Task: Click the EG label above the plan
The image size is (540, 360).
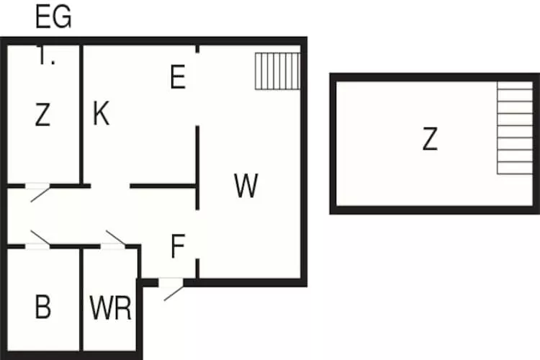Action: point(54,17)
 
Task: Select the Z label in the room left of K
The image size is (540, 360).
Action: point(43,115)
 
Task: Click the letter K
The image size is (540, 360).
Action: point(101,114)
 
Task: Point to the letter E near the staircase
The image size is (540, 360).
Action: point(178,77)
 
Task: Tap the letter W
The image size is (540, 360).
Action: point(246,186)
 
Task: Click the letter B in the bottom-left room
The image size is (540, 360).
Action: point(43,307)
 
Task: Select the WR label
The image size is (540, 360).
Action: point(111,308)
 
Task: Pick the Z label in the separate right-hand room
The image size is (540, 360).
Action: point(430,139)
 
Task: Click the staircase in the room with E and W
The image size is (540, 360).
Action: point(276,71)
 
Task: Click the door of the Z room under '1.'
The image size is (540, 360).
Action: point(38,191)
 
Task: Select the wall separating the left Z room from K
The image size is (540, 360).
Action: point(81,115)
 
